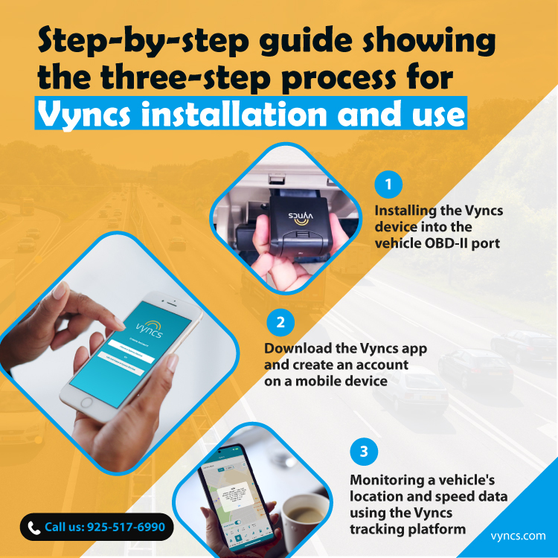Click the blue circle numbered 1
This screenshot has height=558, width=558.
[388, 184]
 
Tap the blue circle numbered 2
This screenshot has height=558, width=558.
[280, 322]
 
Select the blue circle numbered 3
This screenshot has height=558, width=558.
[363, 451]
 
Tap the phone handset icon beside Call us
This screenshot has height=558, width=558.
[33, 527]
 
